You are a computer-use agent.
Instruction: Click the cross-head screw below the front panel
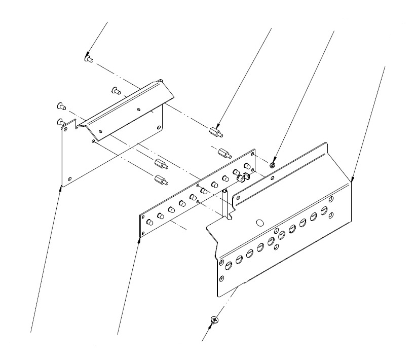point(214,319)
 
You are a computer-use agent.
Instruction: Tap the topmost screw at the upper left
point(88,59)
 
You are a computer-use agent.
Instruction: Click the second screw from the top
point(115,91)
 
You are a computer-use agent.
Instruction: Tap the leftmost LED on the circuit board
point(149,222)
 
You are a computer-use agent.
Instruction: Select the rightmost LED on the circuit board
point(247,166)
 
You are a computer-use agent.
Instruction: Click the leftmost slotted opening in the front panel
point(229,264)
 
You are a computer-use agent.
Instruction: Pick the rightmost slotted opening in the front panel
point(324,210)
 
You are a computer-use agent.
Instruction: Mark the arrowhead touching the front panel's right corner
point(351,182)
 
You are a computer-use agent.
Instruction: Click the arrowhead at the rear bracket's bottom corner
point(61,187)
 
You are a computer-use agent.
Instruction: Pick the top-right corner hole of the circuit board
point(252,153)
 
